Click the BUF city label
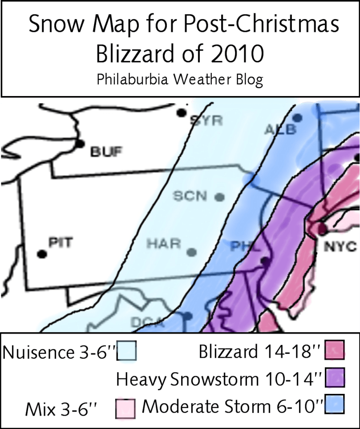(x=106, y=152)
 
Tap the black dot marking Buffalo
(x=80, y=144)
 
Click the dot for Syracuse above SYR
(x=181, y=113)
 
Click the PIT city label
(x=61, y=243)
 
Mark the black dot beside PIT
(x=42, y=254)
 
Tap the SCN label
(x=190, y=196)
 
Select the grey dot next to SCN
(x=219, y=197)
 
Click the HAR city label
(x=164, y=244)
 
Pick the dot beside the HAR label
(x=191, y=252)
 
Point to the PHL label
(x=244, y=247)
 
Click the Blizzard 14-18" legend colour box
(x=335, y=350)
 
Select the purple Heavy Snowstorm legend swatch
(x=335, y=378)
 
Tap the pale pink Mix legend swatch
(x=125, y=408)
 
